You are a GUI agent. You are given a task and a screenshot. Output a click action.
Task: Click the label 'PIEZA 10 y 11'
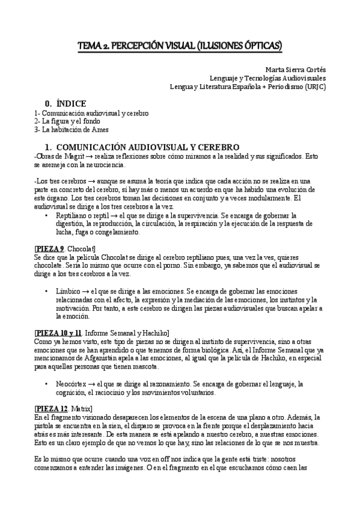click(58, 333)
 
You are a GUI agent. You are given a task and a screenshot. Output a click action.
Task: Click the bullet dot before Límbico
click(47, 291)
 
